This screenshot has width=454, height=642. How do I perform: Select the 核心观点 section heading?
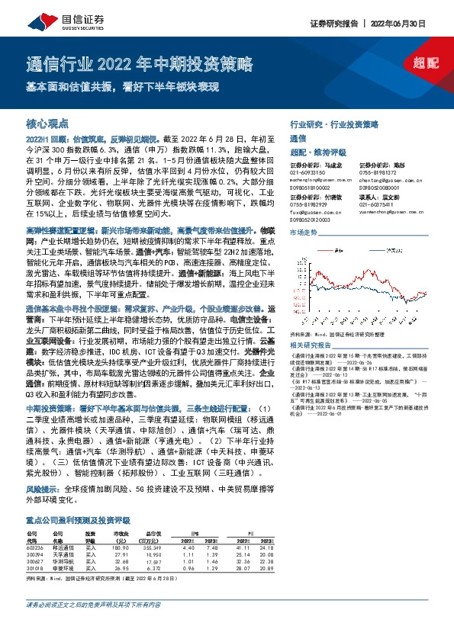pos(47,123)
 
